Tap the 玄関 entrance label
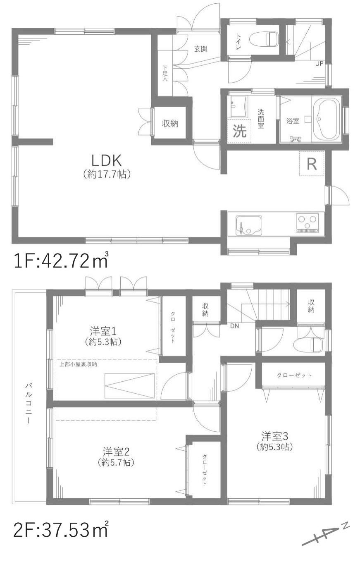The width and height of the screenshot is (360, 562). [x=201, y=49]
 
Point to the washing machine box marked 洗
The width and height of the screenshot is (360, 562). [x=239, y=131]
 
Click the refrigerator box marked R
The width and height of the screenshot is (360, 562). [x=312, y=164]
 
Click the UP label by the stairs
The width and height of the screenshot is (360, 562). [x=319, y=63]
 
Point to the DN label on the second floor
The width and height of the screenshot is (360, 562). [x=234, y=325]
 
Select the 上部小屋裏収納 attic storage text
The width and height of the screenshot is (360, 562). [x=79, y=364]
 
